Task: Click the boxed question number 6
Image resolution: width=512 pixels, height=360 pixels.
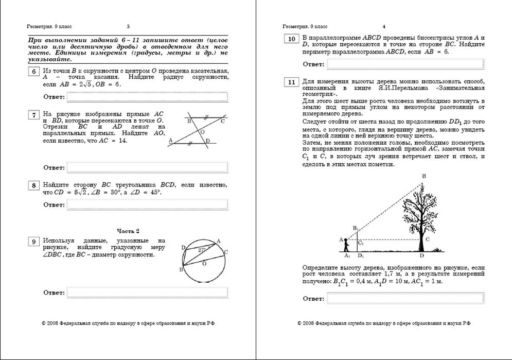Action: click(34, 72)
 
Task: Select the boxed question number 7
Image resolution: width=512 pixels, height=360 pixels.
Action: click(34, 114)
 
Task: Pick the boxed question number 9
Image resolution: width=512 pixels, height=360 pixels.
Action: click(34, 242)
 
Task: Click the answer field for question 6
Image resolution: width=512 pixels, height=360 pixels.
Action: click(147, 96)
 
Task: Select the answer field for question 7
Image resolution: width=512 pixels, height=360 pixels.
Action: click(147, 167)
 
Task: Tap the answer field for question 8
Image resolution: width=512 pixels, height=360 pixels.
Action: click(147, 205)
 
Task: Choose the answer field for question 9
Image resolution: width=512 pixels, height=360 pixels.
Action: click(147, 292)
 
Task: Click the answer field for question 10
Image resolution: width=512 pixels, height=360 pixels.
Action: click(405, 64)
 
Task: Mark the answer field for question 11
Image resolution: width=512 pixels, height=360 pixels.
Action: click(405, 298)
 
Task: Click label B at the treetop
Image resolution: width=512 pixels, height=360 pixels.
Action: click(423, 177)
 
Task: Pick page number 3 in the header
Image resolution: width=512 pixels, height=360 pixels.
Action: click(128, 26)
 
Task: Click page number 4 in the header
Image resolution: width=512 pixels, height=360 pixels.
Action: click(384, 26)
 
